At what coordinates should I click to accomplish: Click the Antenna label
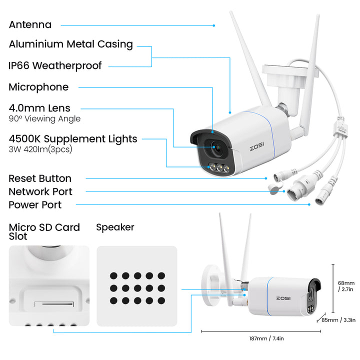30,24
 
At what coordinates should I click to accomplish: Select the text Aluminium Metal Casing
70,44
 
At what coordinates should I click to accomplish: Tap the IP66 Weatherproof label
55,65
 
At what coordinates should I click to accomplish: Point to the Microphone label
38,87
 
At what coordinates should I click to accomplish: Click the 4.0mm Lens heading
39,107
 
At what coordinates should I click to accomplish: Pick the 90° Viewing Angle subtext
44,119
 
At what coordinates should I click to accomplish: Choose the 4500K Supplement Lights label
73,138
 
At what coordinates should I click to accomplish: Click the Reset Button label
40,178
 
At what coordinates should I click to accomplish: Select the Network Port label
40,191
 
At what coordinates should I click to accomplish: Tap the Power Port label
35,204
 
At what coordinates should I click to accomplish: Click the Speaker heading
115,227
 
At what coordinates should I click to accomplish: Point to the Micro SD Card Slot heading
44,231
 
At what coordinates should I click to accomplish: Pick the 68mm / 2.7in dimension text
346,285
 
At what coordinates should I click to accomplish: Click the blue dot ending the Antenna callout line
214,25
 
